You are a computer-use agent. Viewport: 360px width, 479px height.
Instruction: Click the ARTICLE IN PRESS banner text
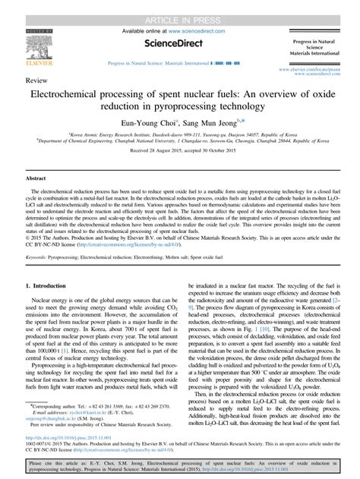pyautogui.click(x=179, y=7)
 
